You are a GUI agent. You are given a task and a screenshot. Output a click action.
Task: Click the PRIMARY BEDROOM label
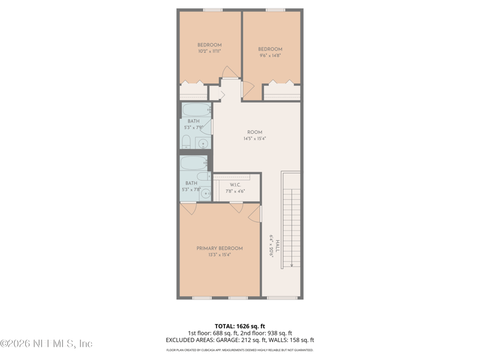(x=220, y=248)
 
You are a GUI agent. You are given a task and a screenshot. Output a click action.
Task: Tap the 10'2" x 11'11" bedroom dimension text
(x=209, y=52)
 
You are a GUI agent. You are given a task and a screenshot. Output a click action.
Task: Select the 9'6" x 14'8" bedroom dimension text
(x=270, y=56)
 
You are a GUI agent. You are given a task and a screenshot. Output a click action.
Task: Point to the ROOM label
(x=254, y=132)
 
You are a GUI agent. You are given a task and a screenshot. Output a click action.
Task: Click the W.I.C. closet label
(x=235, y=185)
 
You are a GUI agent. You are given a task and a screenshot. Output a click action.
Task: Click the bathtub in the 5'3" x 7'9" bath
(x=196, y=110)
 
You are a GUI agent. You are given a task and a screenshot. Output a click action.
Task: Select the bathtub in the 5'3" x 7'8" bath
(x=194, y=163)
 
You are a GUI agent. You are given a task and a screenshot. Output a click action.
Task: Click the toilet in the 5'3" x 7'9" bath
(x=187, y=142)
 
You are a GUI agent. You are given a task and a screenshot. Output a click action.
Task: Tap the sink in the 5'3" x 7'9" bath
(x=203, y=143)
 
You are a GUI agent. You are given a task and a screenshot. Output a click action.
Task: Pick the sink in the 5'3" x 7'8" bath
(x=205, y=193)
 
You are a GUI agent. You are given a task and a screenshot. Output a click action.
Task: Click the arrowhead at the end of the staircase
(x=291, y=265)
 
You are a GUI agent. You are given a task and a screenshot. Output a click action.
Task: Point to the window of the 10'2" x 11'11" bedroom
(x=212, y=10)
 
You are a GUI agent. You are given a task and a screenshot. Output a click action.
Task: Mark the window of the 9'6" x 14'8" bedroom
(x=275, y=10)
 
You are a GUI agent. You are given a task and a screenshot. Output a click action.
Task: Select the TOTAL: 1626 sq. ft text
(x=239, y=326)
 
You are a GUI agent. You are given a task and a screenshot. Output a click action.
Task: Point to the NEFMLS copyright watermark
(x=46, y=344)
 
